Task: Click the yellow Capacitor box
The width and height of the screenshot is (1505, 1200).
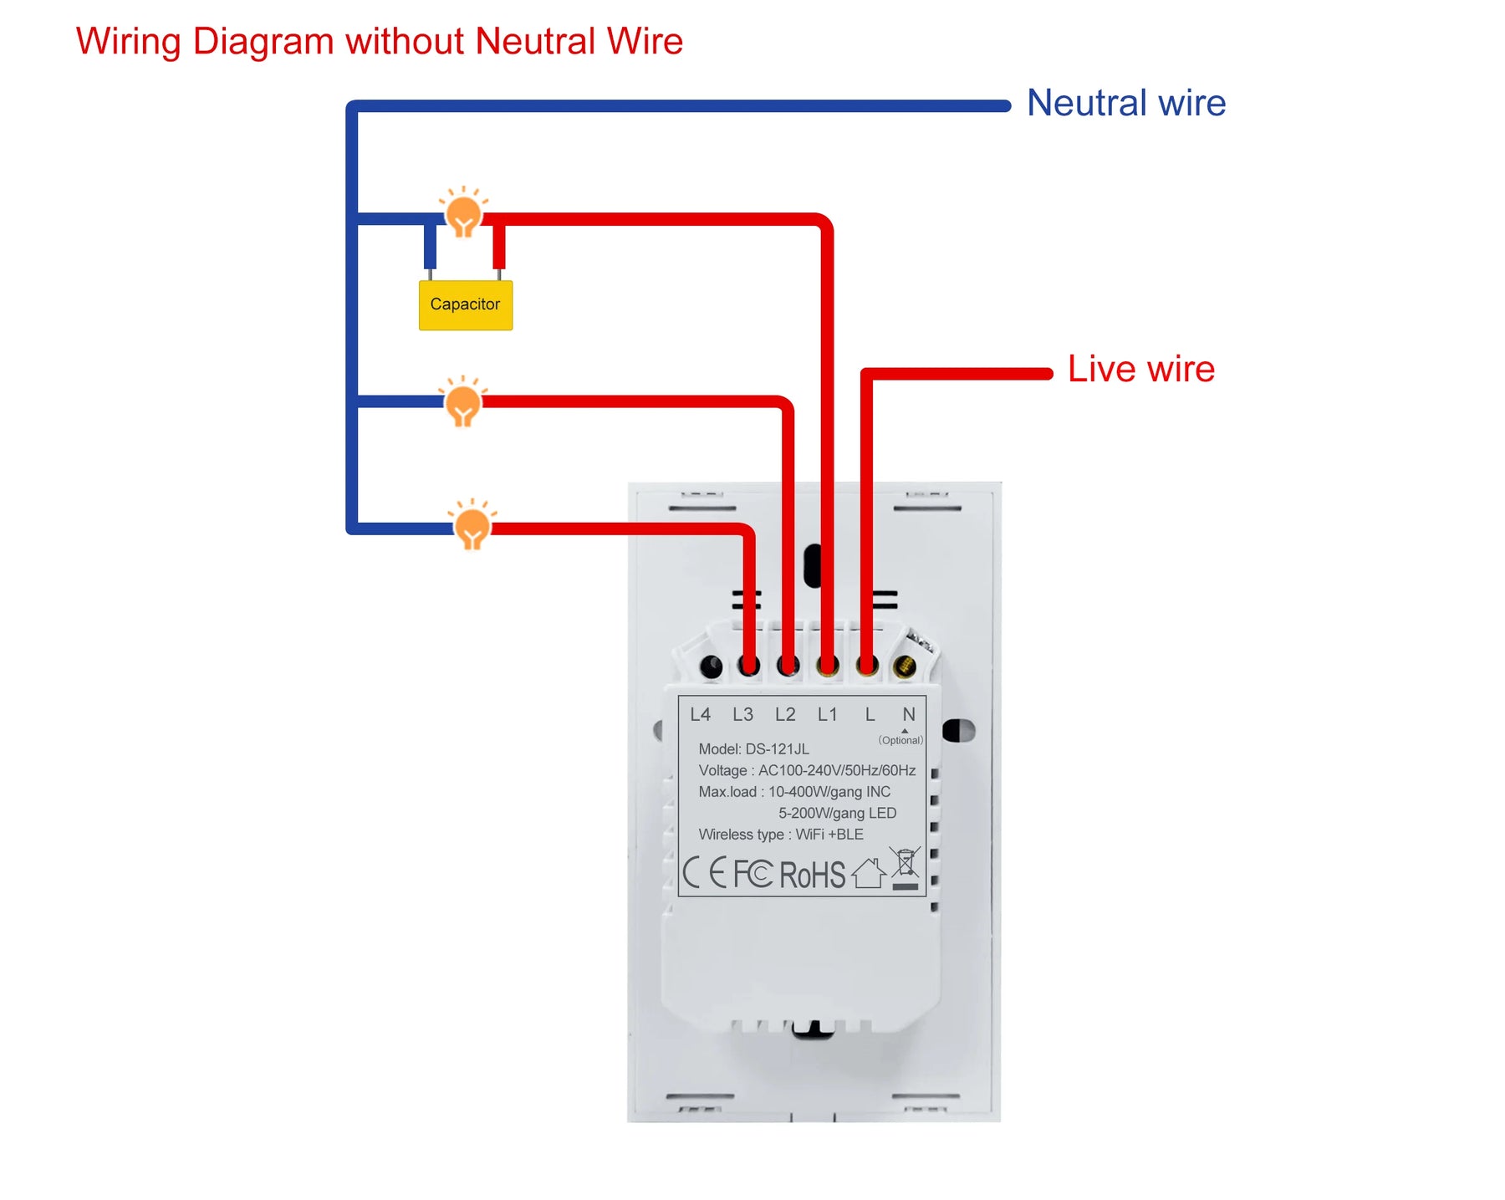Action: [x=465, y=304]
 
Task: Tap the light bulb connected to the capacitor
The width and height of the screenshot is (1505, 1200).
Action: [x=463, y=215]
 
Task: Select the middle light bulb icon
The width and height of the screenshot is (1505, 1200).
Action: [x=462, y=404]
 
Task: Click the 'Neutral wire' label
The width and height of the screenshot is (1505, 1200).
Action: [x=1125, y=103]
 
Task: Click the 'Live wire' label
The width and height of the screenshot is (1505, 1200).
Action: [x=1140, y=369]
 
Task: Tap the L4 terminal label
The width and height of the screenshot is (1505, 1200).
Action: [x=700, y=714]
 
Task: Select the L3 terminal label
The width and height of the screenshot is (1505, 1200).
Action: [x=742, y=714]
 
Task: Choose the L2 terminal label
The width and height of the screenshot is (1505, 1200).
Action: [x=785, y=714]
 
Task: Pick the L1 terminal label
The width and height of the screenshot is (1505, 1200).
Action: [x=827, y=714]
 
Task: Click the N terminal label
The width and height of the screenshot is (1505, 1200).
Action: [x=909, y=714]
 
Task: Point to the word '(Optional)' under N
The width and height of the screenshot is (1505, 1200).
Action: [x=900, y=740]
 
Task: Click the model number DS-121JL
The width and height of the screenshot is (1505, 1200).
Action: [x=777, y=748]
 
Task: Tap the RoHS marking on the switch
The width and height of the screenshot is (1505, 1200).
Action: [x=812, y=875]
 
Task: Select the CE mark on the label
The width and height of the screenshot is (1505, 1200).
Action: [x=704, y=872]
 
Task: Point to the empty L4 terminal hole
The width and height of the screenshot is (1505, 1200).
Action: [x=711, y=666]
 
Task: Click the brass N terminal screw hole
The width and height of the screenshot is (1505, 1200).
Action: [x=905, y=666]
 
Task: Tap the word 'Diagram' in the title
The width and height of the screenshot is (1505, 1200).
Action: [x=263, y=42]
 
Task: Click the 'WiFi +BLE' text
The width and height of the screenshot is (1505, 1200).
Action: [x=829, y=835]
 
